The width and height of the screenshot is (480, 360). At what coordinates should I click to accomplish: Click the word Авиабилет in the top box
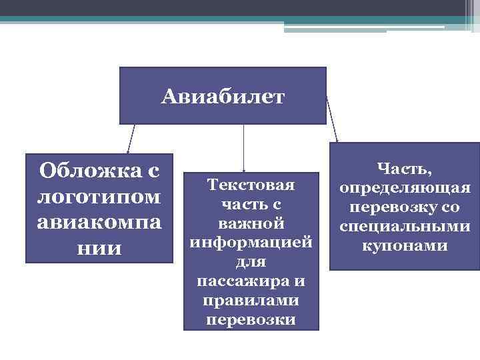223,98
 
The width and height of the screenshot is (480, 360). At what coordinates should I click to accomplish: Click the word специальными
405,226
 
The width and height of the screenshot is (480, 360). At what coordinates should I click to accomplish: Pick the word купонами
405,245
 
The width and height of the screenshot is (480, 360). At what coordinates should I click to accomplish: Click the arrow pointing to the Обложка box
131,140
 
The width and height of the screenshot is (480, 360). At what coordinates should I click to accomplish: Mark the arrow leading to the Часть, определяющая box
332,120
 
